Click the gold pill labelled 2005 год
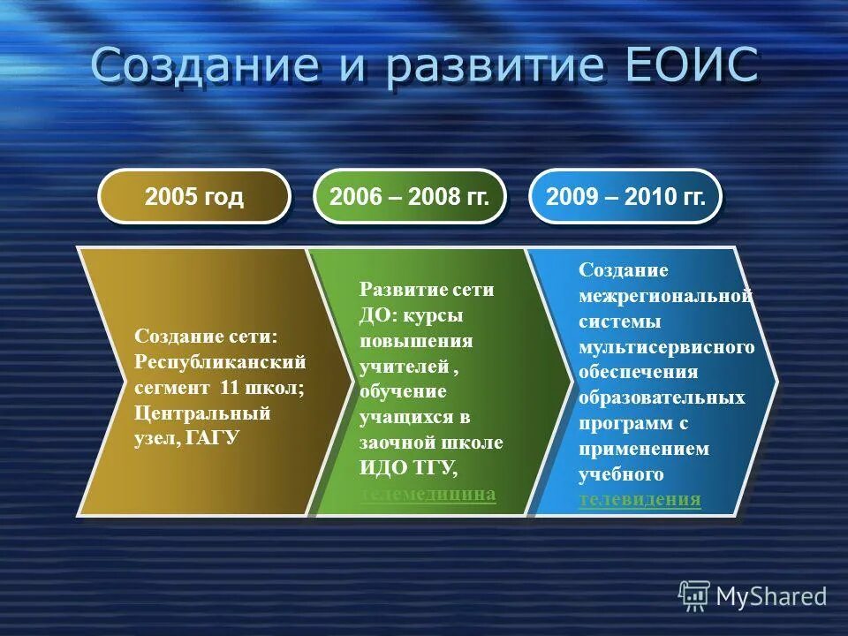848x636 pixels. (194, 196)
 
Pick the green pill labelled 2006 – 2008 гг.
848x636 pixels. (409, 196)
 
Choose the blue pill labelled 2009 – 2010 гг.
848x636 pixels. (625, 196)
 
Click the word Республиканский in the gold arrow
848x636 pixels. (220, 361)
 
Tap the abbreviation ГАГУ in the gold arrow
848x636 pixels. (214, 438)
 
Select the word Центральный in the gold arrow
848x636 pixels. (202, 413)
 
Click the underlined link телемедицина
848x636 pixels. (428, 494)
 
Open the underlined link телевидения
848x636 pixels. (640, 500)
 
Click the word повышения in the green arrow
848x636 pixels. (416, 341)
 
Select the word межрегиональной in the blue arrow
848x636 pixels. (665, 296)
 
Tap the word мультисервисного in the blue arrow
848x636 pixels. (667, 347)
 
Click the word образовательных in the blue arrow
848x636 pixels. (662, 397)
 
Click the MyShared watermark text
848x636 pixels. (771, 596)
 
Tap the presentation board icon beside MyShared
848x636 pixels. (694, 595)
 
